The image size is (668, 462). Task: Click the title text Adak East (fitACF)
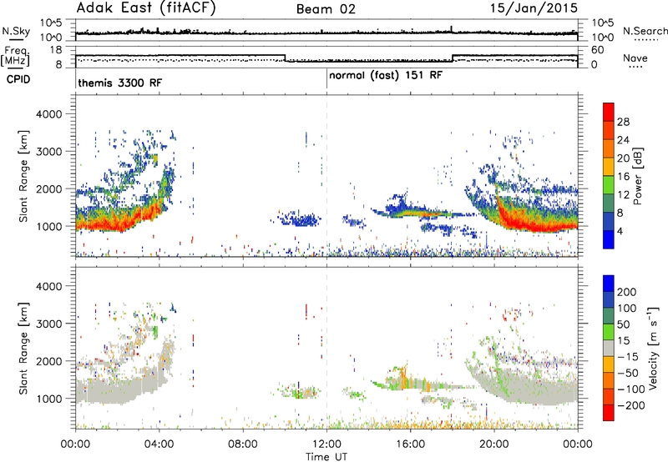click(145, 8)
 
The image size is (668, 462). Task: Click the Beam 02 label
click(326, 9)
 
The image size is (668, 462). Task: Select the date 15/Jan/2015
click(534, 8)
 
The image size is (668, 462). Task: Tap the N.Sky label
click(16, 31)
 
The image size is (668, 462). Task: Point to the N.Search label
click(645, 31)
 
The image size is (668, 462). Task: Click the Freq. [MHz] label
click(16, 56)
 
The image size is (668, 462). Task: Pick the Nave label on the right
click(635, 58)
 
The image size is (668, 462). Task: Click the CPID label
click(18, 79)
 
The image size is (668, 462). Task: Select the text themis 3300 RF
click(120, 83)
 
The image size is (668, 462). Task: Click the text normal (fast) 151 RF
click(386, 76)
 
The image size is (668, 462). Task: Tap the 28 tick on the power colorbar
click(623, 122)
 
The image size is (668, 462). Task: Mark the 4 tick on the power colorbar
click(620, 231)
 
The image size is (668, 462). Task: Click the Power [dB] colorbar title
click(638, 176)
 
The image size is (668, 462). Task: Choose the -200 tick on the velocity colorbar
click(631, 405)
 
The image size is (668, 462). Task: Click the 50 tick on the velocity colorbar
click(624, 324)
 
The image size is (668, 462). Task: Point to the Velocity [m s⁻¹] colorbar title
click(653, 348)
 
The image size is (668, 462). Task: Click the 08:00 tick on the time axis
click(243, 444)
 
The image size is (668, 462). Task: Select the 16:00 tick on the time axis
click(410, 444)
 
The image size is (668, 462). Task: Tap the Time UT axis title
click(326, 457)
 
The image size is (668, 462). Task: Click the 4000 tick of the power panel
click(48, 114)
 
